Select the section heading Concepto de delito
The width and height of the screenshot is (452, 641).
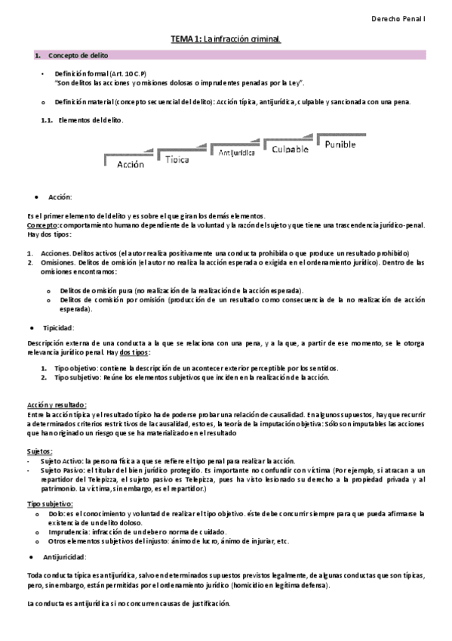[x=78, y=56]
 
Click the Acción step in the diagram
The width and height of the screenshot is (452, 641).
[x=130, y=164]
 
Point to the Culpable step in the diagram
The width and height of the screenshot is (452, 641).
[x=291, y=149]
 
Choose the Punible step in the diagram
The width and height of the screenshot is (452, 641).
[x=340, y=144]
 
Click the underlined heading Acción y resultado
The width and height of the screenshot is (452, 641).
[x=57, y=404]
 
